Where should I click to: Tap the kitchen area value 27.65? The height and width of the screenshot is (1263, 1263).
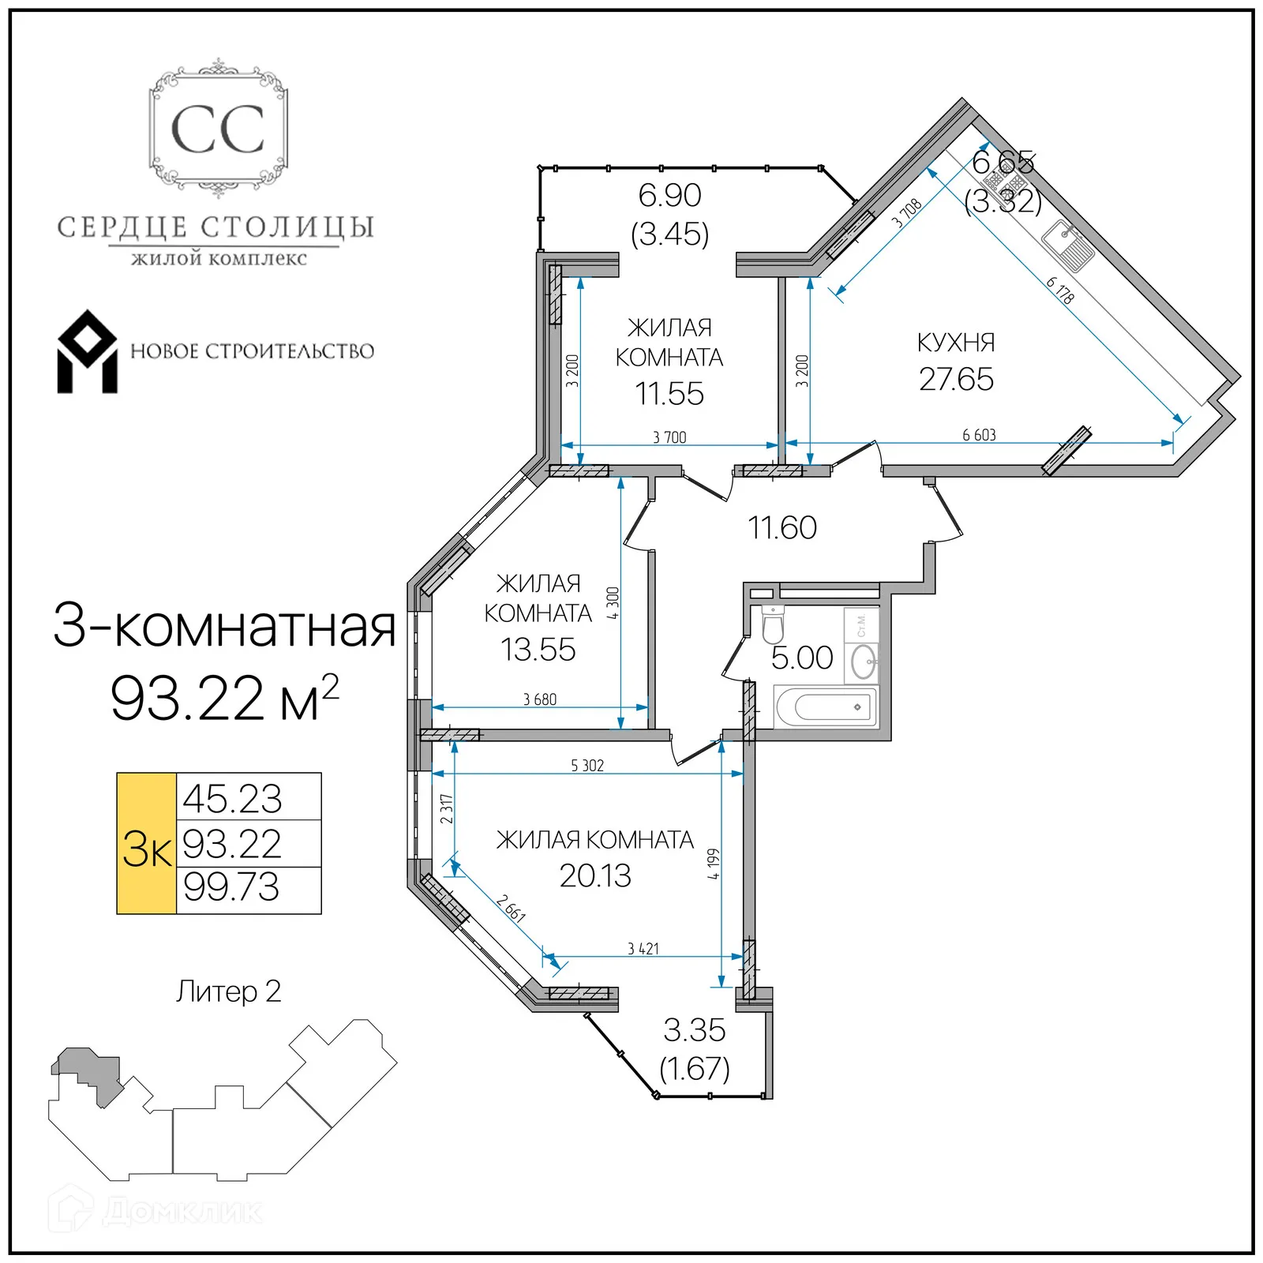point(956,379)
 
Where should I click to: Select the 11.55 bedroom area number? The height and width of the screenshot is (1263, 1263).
point(669,394)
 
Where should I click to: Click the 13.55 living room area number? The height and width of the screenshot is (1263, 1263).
point(538,650)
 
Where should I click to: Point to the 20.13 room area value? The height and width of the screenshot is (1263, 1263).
point(595,875)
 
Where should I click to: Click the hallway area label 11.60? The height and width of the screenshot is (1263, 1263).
point(781,527)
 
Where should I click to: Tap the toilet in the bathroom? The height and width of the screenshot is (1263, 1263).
point(773,624)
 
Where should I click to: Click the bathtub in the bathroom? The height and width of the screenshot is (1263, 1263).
point(826,706)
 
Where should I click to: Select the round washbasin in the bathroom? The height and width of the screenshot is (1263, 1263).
point(864,661)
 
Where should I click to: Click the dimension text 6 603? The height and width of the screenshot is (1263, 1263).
point(979,435)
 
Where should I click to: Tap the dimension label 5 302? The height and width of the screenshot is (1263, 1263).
point(587,766)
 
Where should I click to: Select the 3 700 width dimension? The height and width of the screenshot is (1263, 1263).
point(669,437)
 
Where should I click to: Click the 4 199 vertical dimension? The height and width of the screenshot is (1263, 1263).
point(713,864)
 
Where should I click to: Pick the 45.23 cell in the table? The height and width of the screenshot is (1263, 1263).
point(232,798)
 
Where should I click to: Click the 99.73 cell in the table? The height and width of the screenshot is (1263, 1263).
point(231,886)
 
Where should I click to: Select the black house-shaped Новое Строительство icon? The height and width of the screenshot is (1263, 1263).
point(87,352)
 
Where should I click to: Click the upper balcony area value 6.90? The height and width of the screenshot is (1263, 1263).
point(669,195)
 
